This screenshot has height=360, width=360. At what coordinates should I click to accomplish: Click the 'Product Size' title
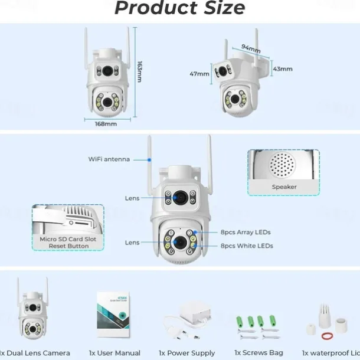(x=179, y=8)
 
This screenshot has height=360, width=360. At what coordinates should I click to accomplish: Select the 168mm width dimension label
(x=106, y=124)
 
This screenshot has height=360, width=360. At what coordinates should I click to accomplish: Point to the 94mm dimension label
(x=251, y=48)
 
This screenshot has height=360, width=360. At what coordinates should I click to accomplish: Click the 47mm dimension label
(x=199, y=74)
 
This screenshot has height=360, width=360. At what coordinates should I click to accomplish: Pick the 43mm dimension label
(x=283, y=69)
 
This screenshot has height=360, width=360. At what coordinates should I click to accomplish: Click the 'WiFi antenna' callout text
(x=109, y=159)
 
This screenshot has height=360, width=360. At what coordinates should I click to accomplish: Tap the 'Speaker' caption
(x=284, y=187)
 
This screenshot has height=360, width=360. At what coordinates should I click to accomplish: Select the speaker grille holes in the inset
(x=282, y=166)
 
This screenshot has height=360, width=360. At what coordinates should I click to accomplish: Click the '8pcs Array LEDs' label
(x=246, y=233)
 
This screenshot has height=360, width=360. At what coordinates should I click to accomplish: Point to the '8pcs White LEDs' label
(x=247, y=246)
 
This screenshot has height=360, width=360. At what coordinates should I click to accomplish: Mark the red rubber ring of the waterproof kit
(x=326, y=336)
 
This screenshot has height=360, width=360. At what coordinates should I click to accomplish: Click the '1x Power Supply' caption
(x=187, y=353)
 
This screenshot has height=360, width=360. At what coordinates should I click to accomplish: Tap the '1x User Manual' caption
(x=114, y=353)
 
